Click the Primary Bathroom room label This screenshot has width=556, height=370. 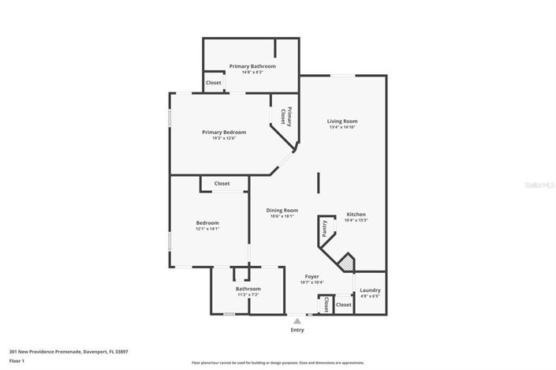pos(252,66)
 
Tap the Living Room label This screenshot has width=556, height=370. pos(342,121)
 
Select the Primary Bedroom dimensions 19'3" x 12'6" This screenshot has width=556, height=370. pos(224,138)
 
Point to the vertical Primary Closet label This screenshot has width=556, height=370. pos(289,117)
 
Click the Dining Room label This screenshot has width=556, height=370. pos(282,210)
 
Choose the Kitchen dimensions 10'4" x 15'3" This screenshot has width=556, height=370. pos(356,220)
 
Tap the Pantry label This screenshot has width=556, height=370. pos(324,228)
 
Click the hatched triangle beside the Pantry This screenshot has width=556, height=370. pos(344,262)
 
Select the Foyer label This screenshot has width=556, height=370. pos(312,277)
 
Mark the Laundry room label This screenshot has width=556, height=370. pos(370,290)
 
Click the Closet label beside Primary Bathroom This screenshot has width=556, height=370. pos(213,83)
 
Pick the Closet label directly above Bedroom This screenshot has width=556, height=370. pos(222,184)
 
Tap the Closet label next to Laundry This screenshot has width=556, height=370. pos(343,305)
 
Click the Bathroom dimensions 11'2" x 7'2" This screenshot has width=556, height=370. pos(248,295)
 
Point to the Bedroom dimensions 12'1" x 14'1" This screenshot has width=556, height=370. pos(207,229)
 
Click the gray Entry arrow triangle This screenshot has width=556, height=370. pos(297,321)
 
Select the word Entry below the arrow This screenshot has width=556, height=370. pos(297,330)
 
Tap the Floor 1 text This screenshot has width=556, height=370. pos(17,361)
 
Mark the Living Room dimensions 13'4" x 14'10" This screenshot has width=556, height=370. pos(342,127)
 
